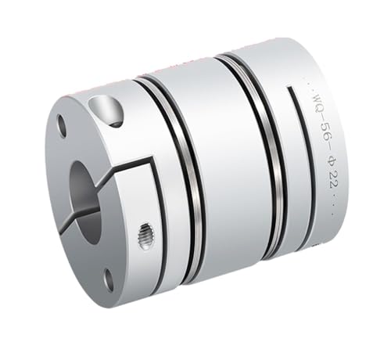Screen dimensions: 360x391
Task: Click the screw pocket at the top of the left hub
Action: tap(109, 109)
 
